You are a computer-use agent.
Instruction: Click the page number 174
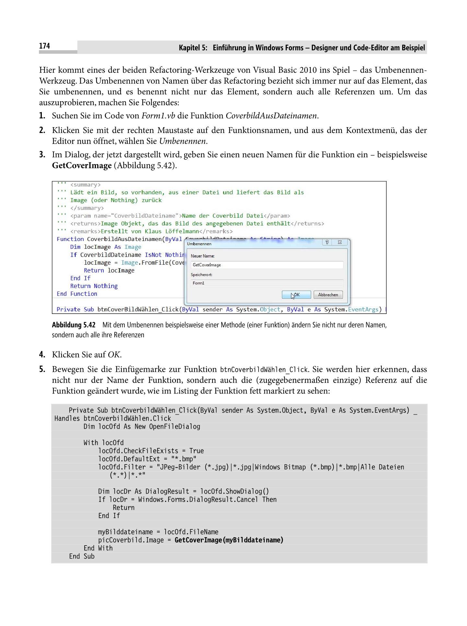coord(44,46)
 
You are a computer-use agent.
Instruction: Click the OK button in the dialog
coord(296,295)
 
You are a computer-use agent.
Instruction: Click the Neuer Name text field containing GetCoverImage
coord(267,265)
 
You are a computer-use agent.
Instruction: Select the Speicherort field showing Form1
coord(267,283)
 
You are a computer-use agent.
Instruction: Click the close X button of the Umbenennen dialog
coord(340,242)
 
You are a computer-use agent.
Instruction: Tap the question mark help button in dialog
coord(327,242)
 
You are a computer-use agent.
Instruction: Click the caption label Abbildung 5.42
coord(74,325)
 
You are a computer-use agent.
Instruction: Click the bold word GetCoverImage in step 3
coord(82,165)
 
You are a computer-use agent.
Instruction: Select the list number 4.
coord(42,355)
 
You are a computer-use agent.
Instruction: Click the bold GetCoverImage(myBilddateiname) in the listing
coord(229,540)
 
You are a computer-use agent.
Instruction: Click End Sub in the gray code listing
coord(82,556)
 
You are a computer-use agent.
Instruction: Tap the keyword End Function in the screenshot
coord(77,294)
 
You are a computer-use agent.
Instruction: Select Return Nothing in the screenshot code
coord(94,286)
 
